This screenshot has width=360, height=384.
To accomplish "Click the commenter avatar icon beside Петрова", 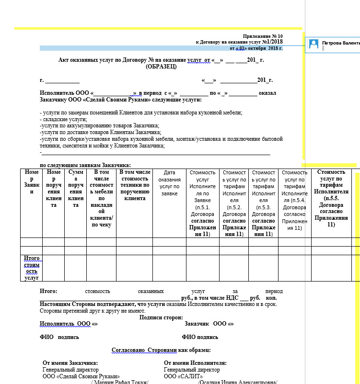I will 314,44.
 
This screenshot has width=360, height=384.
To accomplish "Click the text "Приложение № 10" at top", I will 263,36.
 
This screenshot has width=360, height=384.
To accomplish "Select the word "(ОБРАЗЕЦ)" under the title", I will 161,67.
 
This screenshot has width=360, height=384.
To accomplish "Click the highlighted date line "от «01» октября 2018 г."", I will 256,48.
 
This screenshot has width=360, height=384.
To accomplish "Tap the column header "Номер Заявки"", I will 32,182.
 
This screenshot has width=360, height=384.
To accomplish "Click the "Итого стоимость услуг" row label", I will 32,268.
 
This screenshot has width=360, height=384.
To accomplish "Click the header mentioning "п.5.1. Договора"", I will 203,201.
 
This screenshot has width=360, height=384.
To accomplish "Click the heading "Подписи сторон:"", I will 161,317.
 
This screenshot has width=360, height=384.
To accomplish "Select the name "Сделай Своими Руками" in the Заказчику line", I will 115,100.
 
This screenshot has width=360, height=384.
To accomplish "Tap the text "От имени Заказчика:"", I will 70,363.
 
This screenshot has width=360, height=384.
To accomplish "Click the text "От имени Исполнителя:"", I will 195,363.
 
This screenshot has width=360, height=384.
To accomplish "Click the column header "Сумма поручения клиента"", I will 76,188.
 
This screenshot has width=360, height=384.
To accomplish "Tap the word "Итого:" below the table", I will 49,291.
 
